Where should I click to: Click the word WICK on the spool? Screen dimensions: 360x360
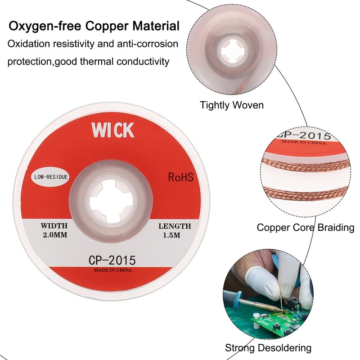(x=113, y=130)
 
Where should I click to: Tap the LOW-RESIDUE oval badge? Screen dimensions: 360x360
(x=50, y=177)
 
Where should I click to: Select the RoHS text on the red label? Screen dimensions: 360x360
(x=180, y=177)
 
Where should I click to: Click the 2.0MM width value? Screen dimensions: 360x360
(x=54, y=235)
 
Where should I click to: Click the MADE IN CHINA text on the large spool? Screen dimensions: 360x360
(x=112, y=271)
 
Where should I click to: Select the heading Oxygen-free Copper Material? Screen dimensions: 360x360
(x=94, y=26)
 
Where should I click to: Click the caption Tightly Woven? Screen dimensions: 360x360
(x=232, y=105)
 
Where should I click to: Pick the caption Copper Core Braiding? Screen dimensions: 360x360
(x=305, y=227)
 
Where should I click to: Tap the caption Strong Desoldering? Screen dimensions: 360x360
(x=268, y=348)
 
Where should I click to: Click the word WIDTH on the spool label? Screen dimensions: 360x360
(x=54, y=225)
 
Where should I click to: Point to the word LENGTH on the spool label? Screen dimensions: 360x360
(x=175, y=226)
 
